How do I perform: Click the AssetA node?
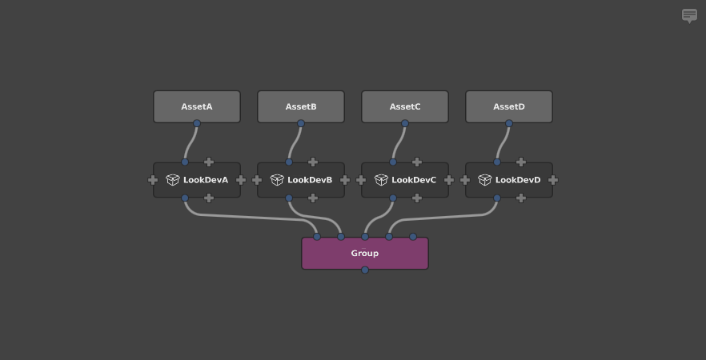(x=197, y=106)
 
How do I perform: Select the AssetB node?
(x=301, y=106)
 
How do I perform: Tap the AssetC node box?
(x=405, y=106)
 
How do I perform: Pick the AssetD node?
(x=509, y=106)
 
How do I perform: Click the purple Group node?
(x=365, y=254)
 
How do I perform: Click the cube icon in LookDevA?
(x=172, y=180)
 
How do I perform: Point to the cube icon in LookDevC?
(x=381, y=180)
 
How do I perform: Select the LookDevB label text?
(x=310, y=180)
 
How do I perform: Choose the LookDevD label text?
(x=518, y=180)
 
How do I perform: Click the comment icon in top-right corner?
(x=689, y=16)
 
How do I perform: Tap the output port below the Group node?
(x=365, y=270)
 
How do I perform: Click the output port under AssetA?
(x=197, y=123)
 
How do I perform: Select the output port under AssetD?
(x=509, y=123)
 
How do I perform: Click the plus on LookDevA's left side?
(x=153, y=180)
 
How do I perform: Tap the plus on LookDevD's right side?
(x=553, y=180)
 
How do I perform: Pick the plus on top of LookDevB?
(x=313, y=162)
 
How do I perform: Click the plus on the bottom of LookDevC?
(x=417, y=198)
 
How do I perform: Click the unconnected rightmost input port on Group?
(x=413, y=237)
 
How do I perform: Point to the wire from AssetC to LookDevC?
(x=398, y=143)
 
